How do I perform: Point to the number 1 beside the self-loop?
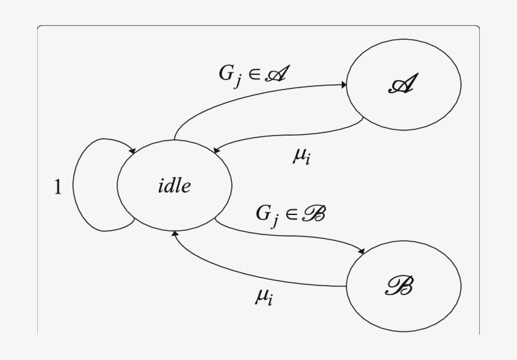tap(57, 188)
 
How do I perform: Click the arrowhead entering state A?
tap(345, 84)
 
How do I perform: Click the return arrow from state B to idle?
tap(252, 277)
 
